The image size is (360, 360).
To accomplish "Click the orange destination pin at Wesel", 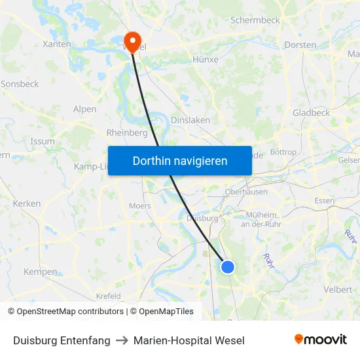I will (x=132, y=41).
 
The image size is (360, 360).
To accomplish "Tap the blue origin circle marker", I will (x=228, y=266).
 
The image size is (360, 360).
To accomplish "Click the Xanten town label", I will (x=56, y=44).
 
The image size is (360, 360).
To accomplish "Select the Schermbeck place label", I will (x=255, y=20).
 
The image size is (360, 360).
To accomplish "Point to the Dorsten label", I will (x=300, y=45).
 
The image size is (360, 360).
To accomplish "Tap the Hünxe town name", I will (x=206, y=59).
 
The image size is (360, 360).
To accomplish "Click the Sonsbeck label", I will (x=20, y=84).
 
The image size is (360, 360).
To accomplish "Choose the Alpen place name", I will (x=85, y=109).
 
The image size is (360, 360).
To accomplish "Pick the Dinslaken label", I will (x=190, y=120).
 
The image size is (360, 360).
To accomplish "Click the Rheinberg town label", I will (x=127, y=132).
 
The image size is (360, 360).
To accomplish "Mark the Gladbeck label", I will (x=311, y=113).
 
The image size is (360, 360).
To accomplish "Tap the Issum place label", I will (x=43, y=141).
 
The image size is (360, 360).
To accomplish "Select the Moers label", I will (x=139, y=206).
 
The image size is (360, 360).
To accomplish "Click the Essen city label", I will (x=324, y=200).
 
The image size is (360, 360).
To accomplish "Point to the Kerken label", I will (x=27, y=204).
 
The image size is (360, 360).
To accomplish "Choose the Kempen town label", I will (x=40, y=272).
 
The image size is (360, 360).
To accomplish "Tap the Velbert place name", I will (x=337, y=289).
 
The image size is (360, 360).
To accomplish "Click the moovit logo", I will (x=320, y=340).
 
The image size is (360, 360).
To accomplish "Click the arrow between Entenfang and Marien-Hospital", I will (x=122, y=340).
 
